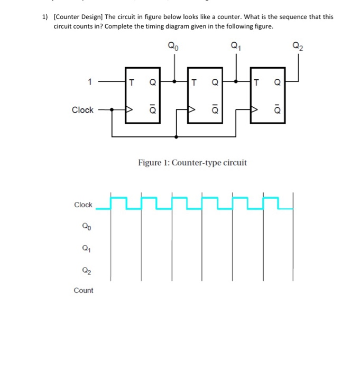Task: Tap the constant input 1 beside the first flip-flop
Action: pos(90,82)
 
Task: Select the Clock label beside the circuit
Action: pos(82,110)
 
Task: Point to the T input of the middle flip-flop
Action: pos(195,82)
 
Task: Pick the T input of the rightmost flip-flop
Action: pos(257,82)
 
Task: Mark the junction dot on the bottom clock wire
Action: pos(176,136)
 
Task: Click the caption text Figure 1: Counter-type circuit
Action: pos(192,162)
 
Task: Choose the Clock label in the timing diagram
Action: pos(83,205)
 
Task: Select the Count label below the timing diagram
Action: pos(84,290)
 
